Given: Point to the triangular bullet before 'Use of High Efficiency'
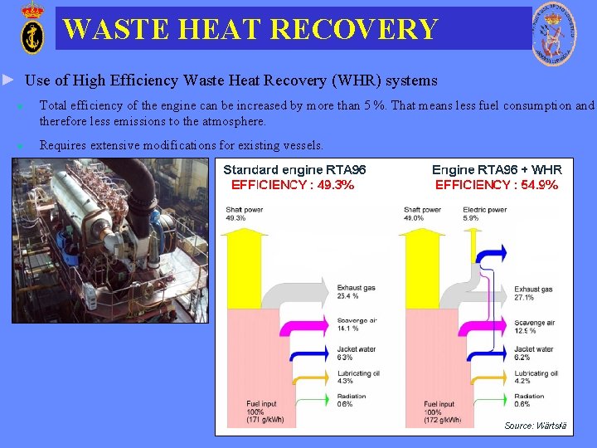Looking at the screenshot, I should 8,80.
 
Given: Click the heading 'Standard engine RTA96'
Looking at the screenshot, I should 294,169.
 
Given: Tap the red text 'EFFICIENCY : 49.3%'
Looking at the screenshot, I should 293,185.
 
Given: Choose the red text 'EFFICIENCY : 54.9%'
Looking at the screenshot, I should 497,185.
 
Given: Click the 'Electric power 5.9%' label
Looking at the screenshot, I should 484,213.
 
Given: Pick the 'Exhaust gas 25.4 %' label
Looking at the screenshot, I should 356,291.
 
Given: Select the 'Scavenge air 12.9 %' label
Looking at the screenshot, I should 535,327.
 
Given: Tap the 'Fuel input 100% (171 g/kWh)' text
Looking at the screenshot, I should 265,411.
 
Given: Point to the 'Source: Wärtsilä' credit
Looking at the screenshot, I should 536,426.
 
